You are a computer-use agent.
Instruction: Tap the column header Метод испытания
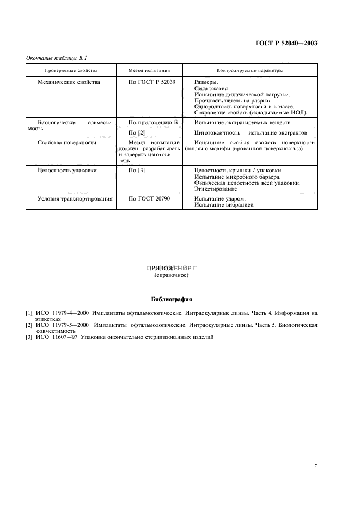point(149,70)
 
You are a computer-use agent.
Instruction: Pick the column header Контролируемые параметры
point(250,70)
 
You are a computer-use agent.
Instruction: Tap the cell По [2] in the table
point(136,132)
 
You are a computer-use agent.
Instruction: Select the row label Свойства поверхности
point(66,143)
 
